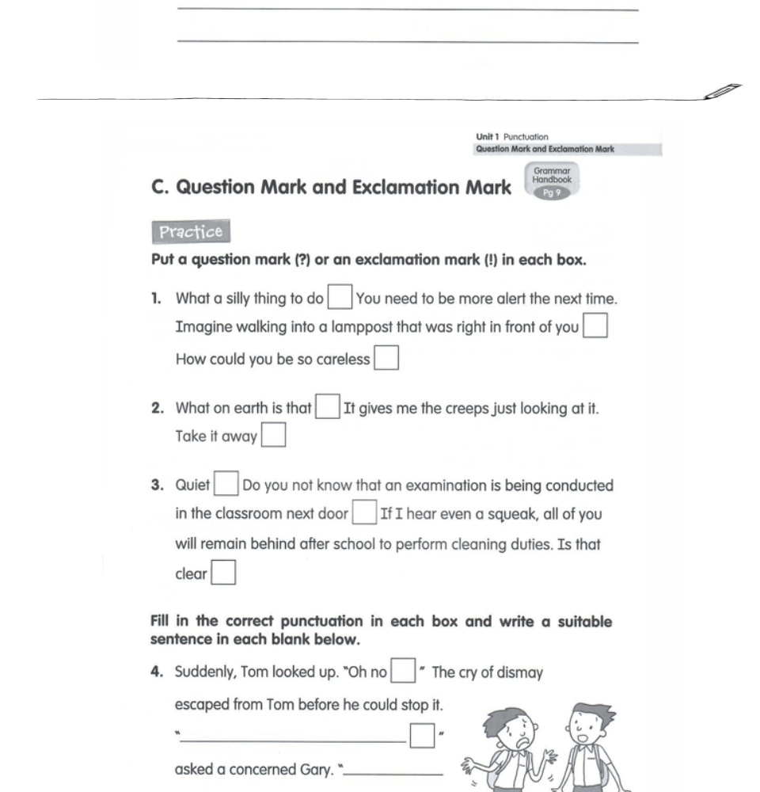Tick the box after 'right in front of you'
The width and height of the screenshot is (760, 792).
[x=595, y=327]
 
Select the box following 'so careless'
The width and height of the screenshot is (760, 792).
[x=386, y=359]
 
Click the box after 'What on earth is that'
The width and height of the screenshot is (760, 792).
[x=327, y=408]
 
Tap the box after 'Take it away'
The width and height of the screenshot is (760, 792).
[x=273, y=436]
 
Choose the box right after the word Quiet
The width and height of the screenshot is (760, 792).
[x=227, y=484]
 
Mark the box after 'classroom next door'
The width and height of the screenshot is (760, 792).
[x=364, y=513]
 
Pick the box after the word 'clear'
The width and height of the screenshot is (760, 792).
[x=223, y=573]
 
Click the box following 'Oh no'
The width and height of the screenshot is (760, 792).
[x=404, y=672]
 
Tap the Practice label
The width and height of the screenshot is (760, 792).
[x=190, y=232]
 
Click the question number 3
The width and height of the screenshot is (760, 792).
[x=157, y=485]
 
